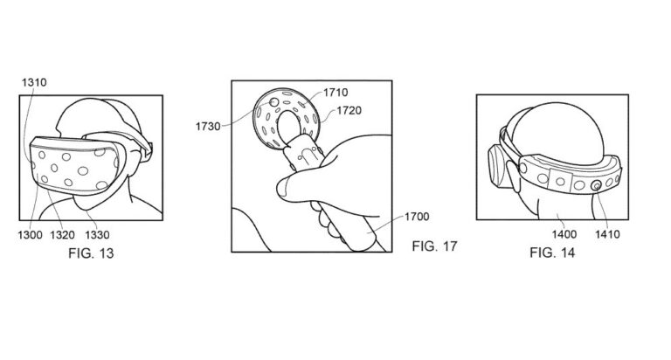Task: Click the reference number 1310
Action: pos(34,82)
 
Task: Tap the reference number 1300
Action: pos(30,234)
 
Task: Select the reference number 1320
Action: pos(63,234)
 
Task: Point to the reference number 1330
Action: pos(97,234)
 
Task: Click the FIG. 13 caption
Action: pos(91,253)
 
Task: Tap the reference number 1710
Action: pos(335,92)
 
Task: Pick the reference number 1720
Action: pos(349,110)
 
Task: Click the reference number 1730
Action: pos(208,127)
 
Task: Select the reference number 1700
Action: pos(417,217)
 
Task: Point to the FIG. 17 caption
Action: pos(435,246)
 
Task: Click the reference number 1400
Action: pos(564,234)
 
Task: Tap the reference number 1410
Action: pos(608,234)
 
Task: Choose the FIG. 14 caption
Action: pos(552,253)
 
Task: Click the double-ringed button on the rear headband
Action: pos(596,185)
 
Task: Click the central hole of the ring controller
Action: pos(289,127)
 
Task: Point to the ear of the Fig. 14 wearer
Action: pos(511,176)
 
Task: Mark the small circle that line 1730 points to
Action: pos(274,102)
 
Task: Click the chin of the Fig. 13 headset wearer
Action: pos(84,204)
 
